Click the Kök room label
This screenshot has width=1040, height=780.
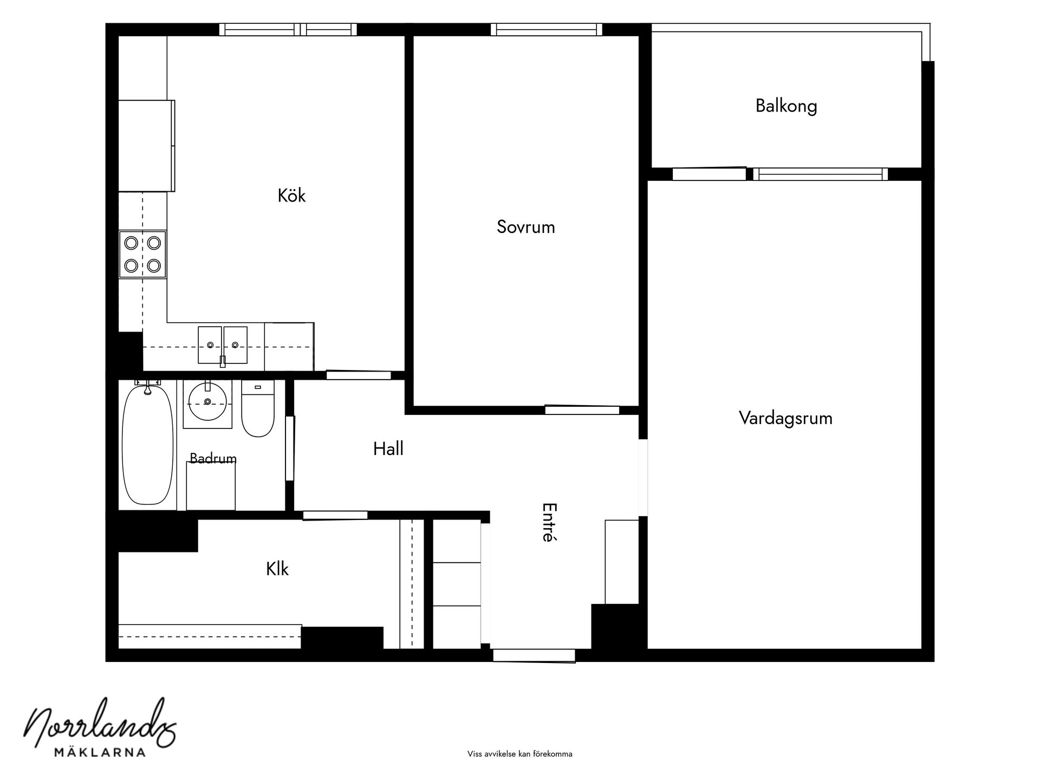(x=291, y=195)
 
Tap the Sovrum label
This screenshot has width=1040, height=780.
(x=526, y=226)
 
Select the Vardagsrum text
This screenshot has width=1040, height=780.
(x=785, y=418)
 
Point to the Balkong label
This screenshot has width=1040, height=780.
(x=786, y=106)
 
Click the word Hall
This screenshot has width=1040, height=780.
(x=388, y=448)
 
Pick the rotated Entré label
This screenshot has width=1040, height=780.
(x=549, y=522)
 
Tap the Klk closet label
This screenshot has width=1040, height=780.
(x=277, y=569)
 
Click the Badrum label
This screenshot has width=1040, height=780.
(x=213, y=459)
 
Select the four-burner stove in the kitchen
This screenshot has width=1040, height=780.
(x=142, y=254)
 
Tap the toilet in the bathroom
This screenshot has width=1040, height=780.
(x=258, y=408)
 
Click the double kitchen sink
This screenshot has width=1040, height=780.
(x=223, y=345)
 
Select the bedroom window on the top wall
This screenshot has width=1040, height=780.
(x=547, y=29)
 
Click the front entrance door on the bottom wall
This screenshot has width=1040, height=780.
(x=534, y=655)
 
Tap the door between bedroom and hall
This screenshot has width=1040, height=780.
(x=582, y=409)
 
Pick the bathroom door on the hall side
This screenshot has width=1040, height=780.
(x=290, y=448)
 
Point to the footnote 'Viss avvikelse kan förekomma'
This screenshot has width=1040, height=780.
(x=519, y=754)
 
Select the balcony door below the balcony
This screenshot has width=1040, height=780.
(x=709, y=173)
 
